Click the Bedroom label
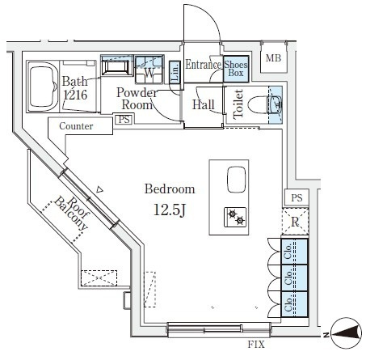(x=170, y=188)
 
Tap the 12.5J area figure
(x=170, y=210)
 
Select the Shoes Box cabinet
(x=236, y=69)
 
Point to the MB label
(x=273, y=58)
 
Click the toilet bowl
(x=257, y=104)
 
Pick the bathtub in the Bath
(x=43, y=87)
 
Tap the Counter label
(x=76, y=126)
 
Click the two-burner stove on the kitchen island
(x=235, y=217)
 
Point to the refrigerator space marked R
(x=295, y=222)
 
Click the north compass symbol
(x=346, y=333)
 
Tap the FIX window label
(x=256, y=345)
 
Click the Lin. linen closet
(x=175, y=72)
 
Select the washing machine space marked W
(x=149, y=70)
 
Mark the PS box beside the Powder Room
(x=124, y=119)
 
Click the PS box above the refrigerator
(x=297, y=197)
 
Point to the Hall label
(x=204, y=104)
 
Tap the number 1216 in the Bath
(x=75, y=95)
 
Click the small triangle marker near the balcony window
(x=99, y=190)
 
